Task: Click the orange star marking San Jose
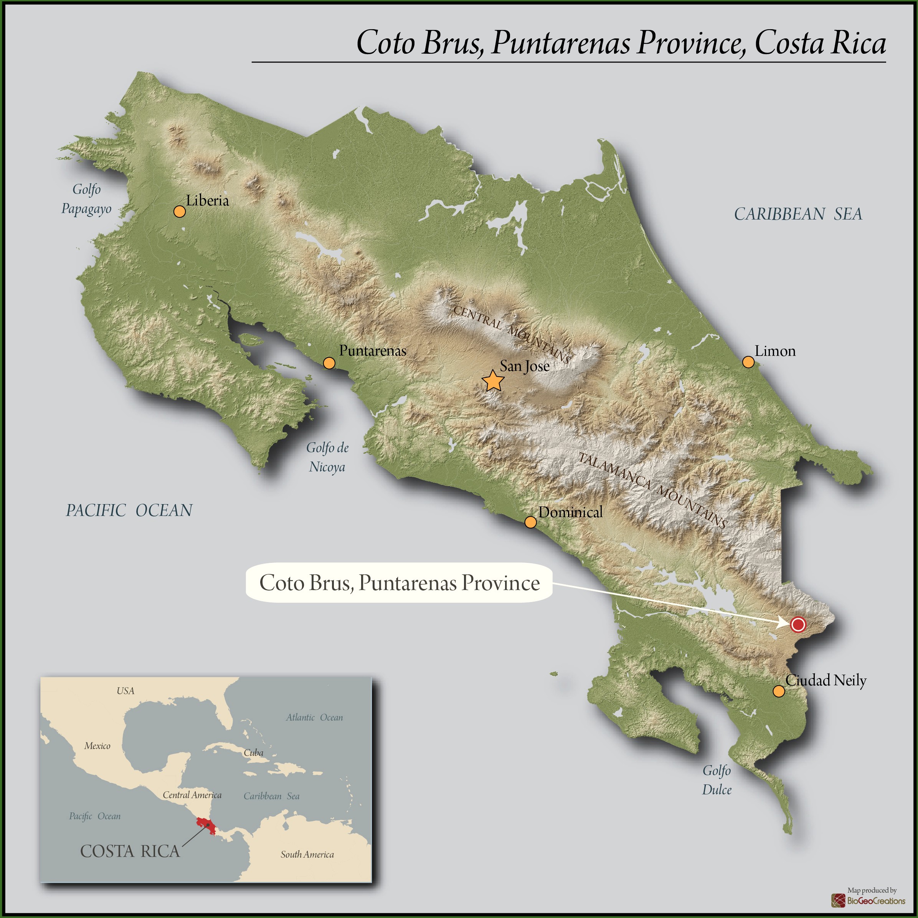pyautogui.click(x=493, y=381)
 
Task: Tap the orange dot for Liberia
pyautogui.click(x=179, y=212)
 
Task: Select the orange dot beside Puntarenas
pyautogui.click(x=329, y=363)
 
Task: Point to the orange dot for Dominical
pyautogui.click(x=530, y=522)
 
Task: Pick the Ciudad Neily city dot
pyautogui.click(x=778, y=691)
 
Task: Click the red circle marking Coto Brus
pyautogui.click(x=798, y=624)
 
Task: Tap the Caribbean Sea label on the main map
pyautogui.click(x=798, y=214)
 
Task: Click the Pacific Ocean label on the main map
pyautogui.click(x=129, y=511)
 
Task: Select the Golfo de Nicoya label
pyautogui.click(x=327, y=457)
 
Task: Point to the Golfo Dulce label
pyautogui.click(x=717, y=780)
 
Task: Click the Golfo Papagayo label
pyautogui.click(x=86, y=199)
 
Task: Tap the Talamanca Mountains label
pyautogui.click(x=652, y=490)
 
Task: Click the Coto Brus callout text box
pyautogui.click(x=399, y=583)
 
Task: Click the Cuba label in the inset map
pyautogui.click(x=253, y=753)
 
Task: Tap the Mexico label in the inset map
pyautogui.click(x=97, y=746)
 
